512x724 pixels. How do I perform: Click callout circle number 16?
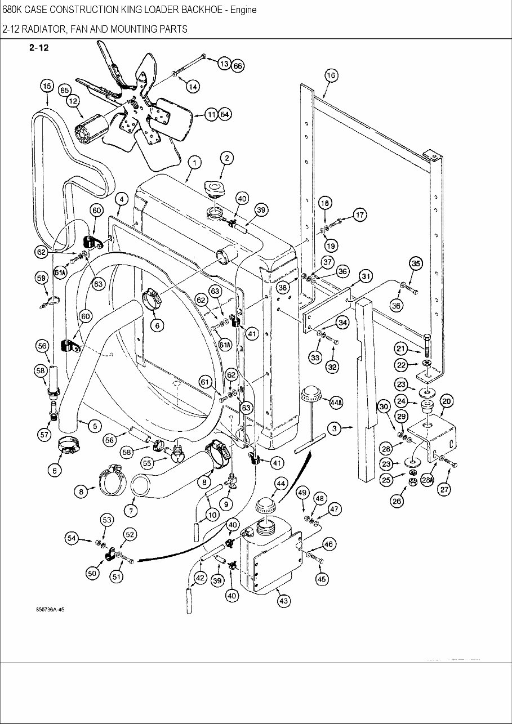331,76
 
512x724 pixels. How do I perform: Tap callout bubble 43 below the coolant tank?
283,601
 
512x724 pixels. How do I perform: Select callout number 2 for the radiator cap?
226,158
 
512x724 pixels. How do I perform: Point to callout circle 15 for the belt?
47,86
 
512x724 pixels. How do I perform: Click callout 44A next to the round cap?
336,402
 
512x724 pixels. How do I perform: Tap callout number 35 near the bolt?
416,263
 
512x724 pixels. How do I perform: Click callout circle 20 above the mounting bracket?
446,401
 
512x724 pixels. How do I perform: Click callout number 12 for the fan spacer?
73,101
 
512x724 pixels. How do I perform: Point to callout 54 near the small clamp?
72,539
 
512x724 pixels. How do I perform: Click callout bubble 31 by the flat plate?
366,276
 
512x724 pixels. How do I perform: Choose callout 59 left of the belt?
41,278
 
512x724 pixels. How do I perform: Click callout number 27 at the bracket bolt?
445,489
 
